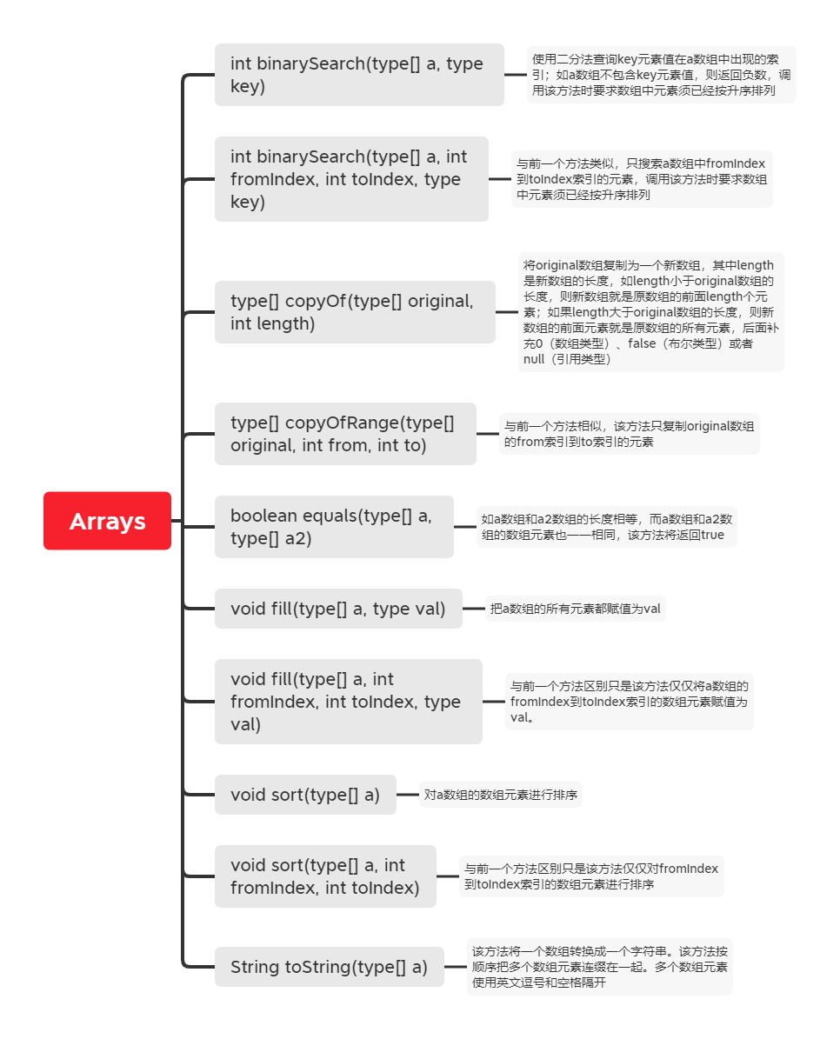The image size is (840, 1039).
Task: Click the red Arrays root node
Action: (107, 521)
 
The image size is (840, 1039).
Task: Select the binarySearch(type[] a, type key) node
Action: (358, 75)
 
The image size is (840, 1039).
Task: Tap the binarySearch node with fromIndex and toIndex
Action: (350, 179)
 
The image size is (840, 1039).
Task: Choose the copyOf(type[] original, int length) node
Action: (354, 312)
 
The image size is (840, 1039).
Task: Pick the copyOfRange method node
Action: (344, 434)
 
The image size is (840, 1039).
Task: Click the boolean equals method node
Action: (333, 527)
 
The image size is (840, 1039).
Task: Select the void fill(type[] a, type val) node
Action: (338, 609)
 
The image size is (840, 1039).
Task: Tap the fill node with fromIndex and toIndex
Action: (348, 702)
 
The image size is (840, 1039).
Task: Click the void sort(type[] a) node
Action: (305, 795)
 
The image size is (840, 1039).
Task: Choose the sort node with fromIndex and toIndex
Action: (325, 876)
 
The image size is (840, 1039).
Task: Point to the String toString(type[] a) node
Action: (329, 967)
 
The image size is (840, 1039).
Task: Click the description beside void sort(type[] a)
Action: (502, 795)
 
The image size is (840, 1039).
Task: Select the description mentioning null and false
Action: (650, 312)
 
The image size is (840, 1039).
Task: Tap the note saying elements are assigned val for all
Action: (575, 609)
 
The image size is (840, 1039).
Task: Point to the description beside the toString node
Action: (599, 967)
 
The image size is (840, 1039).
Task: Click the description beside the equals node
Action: (607, 527)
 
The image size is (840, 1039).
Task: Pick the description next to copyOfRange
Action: (629, 434)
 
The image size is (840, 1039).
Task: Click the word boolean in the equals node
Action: (263, 516)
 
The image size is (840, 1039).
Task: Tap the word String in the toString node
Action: (255, 967)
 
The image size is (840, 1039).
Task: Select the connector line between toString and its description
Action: (456, 967)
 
